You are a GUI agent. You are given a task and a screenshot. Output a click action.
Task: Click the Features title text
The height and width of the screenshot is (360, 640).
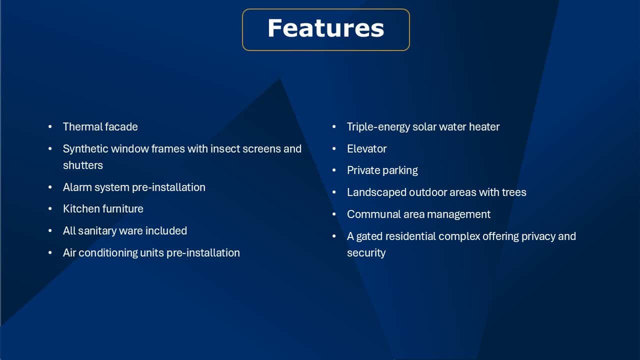pyautogui.click(x=325, y=28)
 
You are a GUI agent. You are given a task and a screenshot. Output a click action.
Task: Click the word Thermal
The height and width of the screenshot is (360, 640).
pyautogui.click(x=81, y=126)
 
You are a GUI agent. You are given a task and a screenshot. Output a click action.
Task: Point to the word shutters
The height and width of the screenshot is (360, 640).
pyautogui.click(x=83, y=165)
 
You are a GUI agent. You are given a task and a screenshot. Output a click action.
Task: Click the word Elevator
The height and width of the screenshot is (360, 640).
pyautogui.click(x=366, y=148)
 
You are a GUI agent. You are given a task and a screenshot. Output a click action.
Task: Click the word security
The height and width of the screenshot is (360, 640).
pyautogui.click(x=366, y=253)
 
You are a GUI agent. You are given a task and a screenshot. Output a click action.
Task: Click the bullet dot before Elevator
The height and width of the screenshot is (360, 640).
pyautogui.click(x=334, y=148)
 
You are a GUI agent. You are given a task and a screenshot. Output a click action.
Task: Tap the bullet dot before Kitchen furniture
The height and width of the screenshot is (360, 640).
pyautogui.click(x=50, y=209)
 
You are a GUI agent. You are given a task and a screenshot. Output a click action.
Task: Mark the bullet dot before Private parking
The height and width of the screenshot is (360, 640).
pyautogui.click(x=334, y=170)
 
